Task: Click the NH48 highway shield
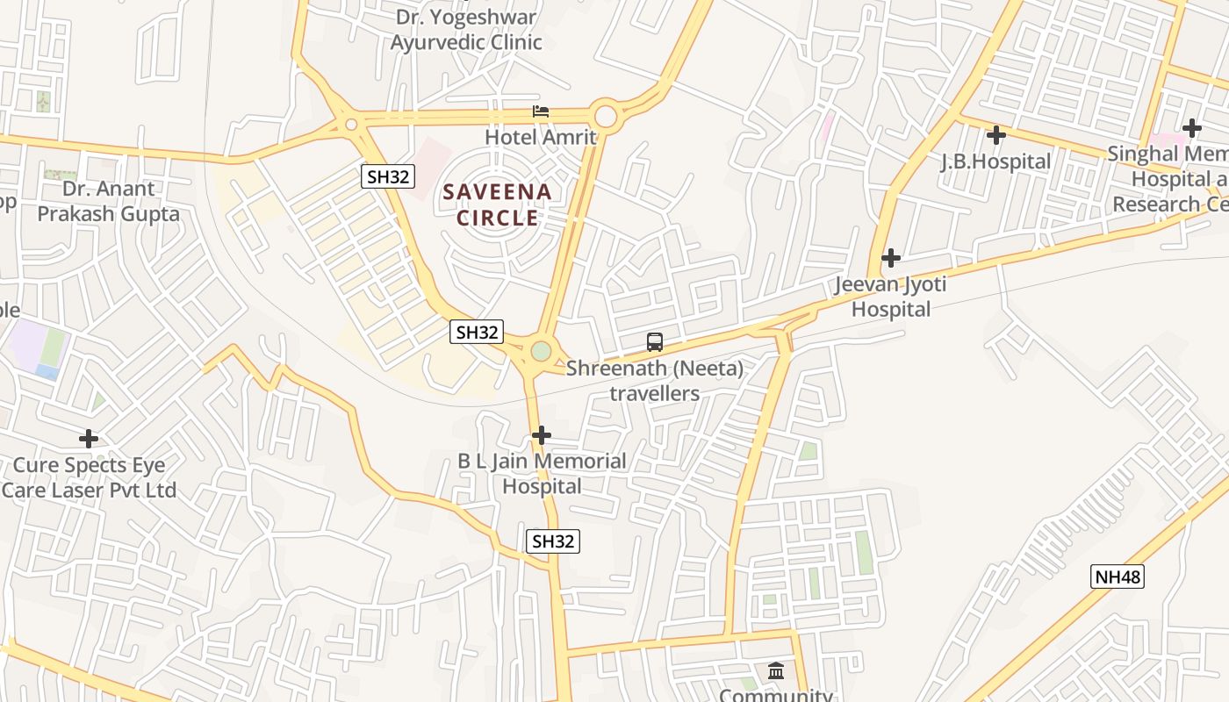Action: point(1118,577)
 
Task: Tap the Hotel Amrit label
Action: point(541,138)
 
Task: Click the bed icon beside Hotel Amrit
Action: point(541,111)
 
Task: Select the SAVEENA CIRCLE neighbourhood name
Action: point(497,204)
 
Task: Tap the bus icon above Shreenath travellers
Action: point(655,342)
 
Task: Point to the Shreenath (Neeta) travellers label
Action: point(655,381)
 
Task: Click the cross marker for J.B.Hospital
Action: point(995,135)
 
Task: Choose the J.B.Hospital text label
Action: point(995,161)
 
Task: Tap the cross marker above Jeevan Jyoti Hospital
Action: point(891,258)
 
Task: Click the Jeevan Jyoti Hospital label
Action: point(891,297)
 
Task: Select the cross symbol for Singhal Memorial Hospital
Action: point(1191,128)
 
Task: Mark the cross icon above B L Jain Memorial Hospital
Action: point(542,434)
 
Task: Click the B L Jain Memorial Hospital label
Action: point(542,474)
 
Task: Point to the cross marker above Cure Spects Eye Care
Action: point(89,438)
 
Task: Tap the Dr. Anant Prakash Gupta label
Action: point(108,201)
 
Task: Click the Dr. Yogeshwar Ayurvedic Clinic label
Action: point(466,30)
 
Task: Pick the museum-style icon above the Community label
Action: point(776,671)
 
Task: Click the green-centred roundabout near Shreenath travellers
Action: point(541,351)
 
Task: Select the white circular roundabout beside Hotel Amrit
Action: point(605,116)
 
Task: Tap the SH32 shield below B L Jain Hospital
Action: point(552,541)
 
